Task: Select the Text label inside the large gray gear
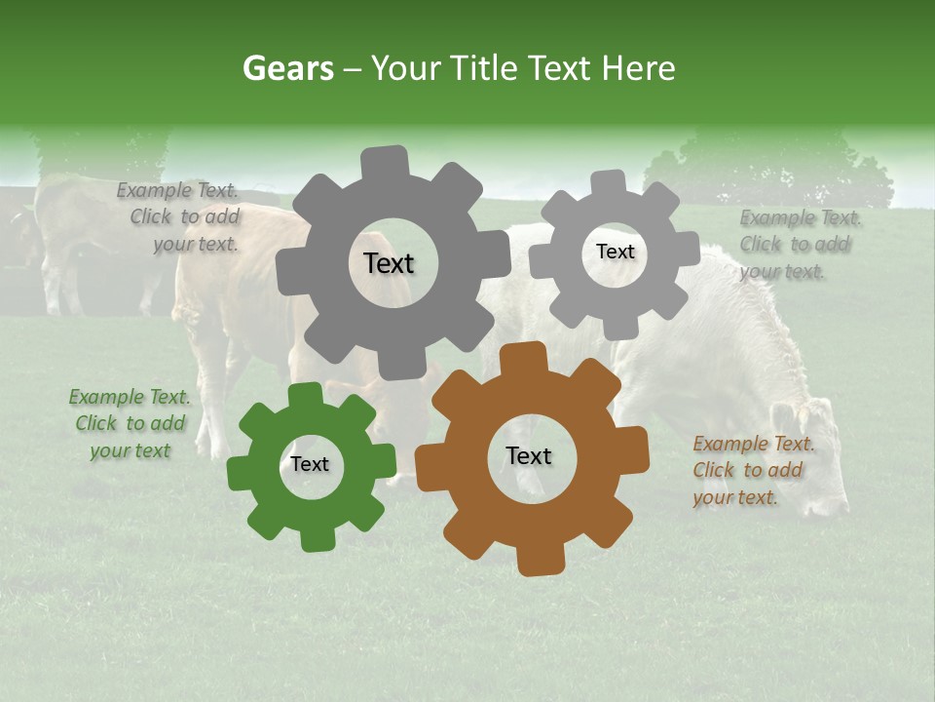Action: click(389, 263)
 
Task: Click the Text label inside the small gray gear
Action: click(615, 252)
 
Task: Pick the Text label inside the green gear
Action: click(310, 464)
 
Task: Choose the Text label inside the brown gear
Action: click(529, 455)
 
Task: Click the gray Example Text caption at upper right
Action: click(799, 244)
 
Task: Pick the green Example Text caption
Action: click(130, 424)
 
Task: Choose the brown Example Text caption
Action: click(752, 470)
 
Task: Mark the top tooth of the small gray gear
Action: click(608, 182)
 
